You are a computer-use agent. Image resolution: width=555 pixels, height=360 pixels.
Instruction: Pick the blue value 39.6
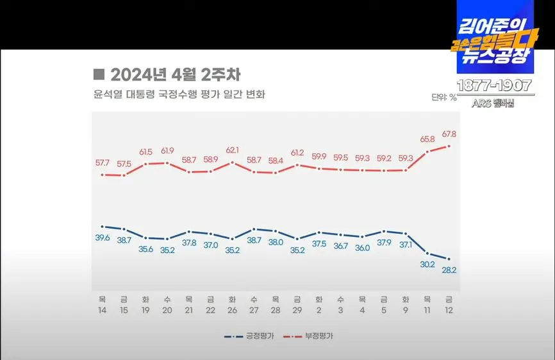pyautogui.click(x=103, y=238)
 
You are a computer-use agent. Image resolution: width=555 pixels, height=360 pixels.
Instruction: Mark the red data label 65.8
pyautogui.click(x=427, y=138)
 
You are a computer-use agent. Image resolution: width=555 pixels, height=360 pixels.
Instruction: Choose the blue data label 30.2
pyautogui.click(x=427, y=264)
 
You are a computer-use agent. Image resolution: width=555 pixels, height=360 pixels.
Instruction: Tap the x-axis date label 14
pyautogui.click(x=103, y=309)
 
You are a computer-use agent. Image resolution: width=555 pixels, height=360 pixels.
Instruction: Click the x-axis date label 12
pyautogui.click(x=449, y=309)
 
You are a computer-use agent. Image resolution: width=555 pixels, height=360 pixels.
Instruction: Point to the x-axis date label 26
pyautogui.click(x=231, y=309)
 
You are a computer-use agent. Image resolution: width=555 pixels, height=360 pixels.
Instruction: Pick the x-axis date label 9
pyautogui.click(x=405, y=309)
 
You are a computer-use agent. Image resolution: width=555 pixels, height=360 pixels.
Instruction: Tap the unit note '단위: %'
pyautogui.click(x=443, y=98)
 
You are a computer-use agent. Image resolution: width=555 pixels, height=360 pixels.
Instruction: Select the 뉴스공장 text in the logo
pyautogui.click(x=495, y=56)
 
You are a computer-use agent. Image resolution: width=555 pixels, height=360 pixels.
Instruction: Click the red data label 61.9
pyautogui.click(x=167, y=151)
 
